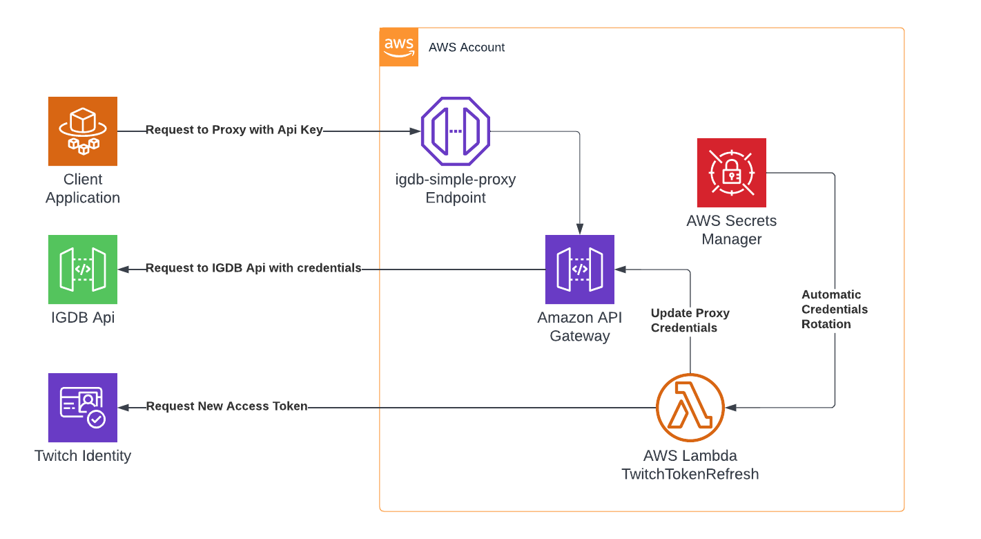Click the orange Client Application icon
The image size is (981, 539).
[82, 131]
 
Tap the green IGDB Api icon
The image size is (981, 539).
[82, 269]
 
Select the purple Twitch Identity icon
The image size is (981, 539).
[82, 408]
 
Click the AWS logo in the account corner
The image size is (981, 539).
[399, 48]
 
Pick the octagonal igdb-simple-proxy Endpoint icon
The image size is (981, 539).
[455, 131]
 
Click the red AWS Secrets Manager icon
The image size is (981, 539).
[731, 173]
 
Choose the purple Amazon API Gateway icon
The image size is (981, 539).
[579, 269]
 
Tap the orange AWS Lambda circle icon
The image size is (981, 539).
[690, 408]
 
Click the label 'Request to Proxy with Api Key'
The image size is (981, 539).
[234, 130]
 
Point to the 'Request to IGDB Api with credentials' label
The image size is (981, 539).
[253, 268]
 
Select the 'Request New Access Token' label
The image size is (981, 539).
[226, 406]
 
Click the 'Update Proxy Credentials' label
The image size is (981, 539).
[690, 321]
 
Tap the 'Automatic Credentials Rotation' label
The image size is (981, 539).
[834, 309]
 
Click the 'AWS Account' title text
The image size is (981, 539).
[467, 48]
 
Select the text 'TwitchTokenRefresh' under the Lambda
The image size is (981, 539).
[690, 474]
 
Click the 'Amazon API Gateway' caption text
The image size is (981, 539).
[579, 327]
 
